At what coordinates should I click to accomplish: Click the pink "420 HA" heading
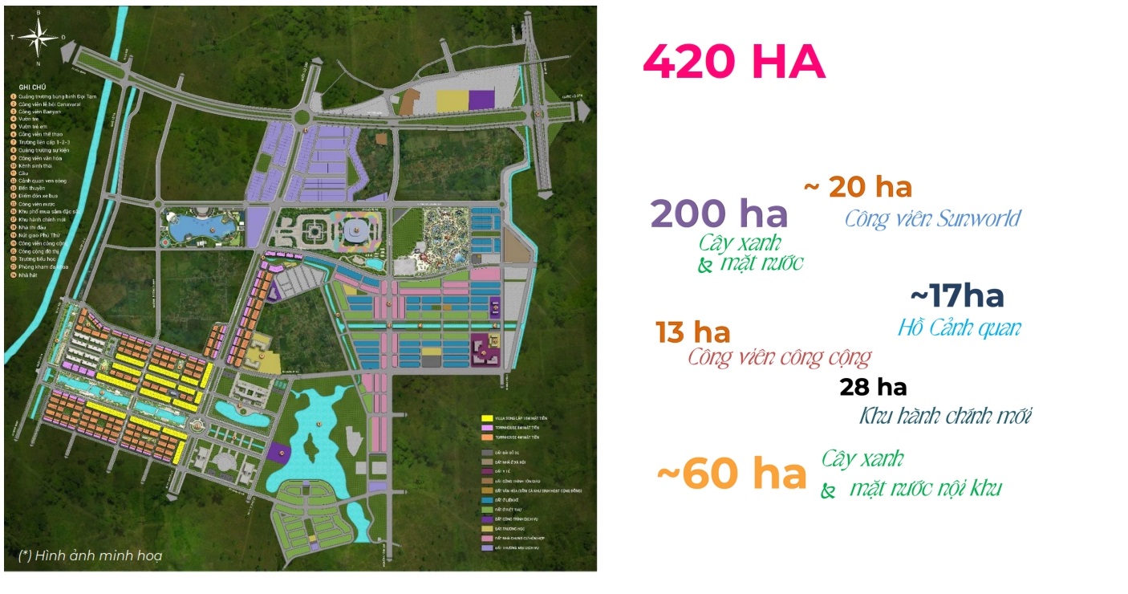734,63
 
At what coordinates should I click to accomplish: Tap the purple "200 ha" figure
719,214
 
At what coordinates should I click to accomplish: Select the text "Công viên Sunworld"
932,218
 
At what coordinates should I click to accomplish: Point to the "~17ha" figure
957,297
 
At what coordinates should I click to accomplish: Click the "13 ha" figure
692,332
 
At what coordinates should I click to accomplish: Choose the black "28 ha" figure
873,388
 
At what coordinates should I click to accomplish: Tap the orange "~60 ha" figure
731,474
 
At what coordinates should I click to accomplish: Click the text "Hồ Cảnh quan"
959,328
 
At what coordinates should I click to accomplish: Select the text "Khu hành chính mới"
945,417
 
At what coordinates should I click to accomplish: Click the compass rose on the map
37,36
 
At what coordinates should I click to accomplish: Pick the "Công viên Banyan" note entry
44,112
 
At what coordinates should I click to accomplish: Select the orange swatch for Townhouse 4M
486,437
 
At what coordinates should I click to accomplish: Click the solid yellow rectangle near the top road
450,100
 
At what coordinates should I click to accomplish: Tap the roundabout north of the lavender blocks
303,117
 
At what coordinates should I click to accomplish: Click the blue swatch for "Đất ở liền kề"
486,498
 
